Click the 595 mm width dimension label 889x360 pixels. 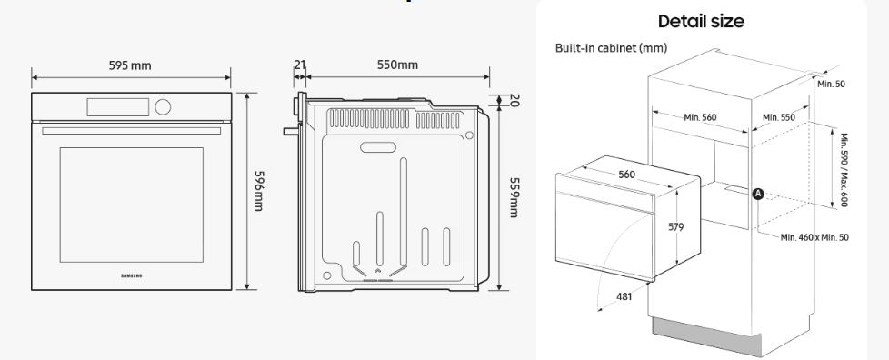[x=130, y=65]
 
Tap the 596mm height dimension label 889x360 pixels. [x=258, y=191]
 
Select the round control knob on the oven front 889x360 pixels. [x=163, y=106]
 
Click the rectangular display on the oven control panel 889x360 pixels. [x=118, y=107]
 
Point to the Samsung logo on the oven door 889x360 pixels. [x=132, y=275]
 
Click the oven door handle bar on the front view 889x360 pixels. [x=132, y=131]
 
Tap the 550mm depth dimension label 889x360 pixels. [x=397, y=65]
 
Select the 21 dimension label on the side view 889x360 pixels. [x=300, y=65]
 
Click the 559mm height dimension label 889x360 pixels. [x=513, y=196]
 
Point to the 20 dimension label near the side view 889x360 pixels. [x=514, y=100]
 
